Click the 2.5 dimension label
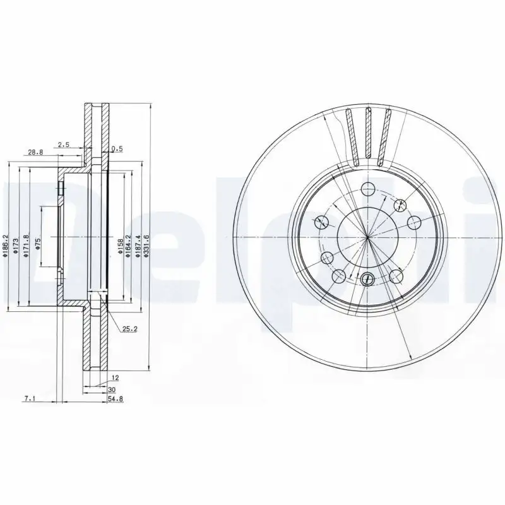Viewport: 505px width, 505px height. [63, 145]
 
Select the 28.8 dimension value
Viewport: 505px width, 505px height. [35, 152]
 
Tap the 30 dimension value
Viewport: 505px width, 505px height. [112, 390]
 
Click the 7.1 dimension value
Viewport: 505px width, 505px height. [28, 399]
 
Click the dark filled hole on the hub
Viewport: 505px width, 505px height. [369, 277]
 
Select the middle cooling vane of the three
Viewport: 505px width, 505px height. [369, 136]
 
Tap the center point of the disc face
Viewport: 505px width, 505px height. [368, 237]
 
